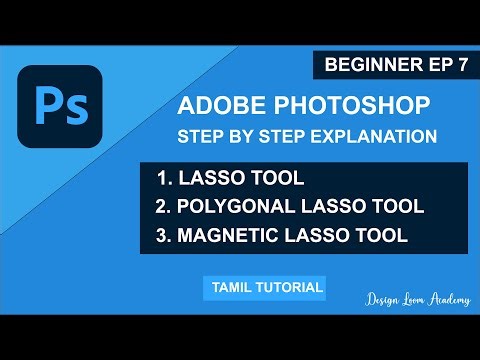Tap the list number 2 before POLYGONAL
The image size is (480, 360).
pyautogui.click(x=163, y=207)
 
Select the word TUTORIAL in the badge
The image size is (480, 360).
pyautogui.click(x=290, y=288)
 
